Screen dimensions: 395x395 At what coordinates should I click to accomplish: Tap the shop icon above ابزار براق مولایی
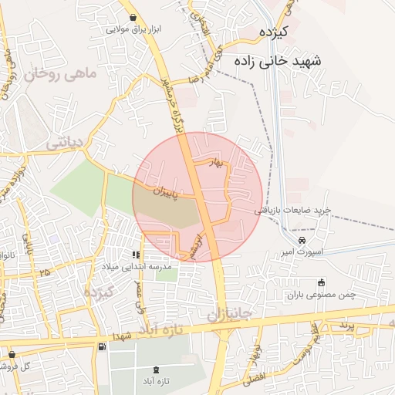click(x=134, y=17)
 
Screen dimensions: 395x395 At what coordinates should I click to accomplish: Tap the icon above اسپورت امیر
click(x=291, y=241)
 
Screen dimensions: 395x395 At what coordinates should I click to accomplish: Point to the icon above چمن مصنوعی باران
click(x=322, y=282)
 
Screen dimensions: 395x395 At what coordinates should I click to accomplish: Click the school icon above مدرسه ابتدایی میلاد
click(x=136, y=255)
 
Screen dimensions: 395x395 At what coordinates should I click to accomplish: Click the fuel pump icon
click(x=102, y=346)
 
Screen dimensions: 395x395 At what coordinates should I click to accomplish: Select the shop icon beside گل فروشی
click(x=11, y=354)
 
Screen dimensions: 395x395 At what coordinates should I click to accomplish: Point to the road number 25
click(x=45, y=272)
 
